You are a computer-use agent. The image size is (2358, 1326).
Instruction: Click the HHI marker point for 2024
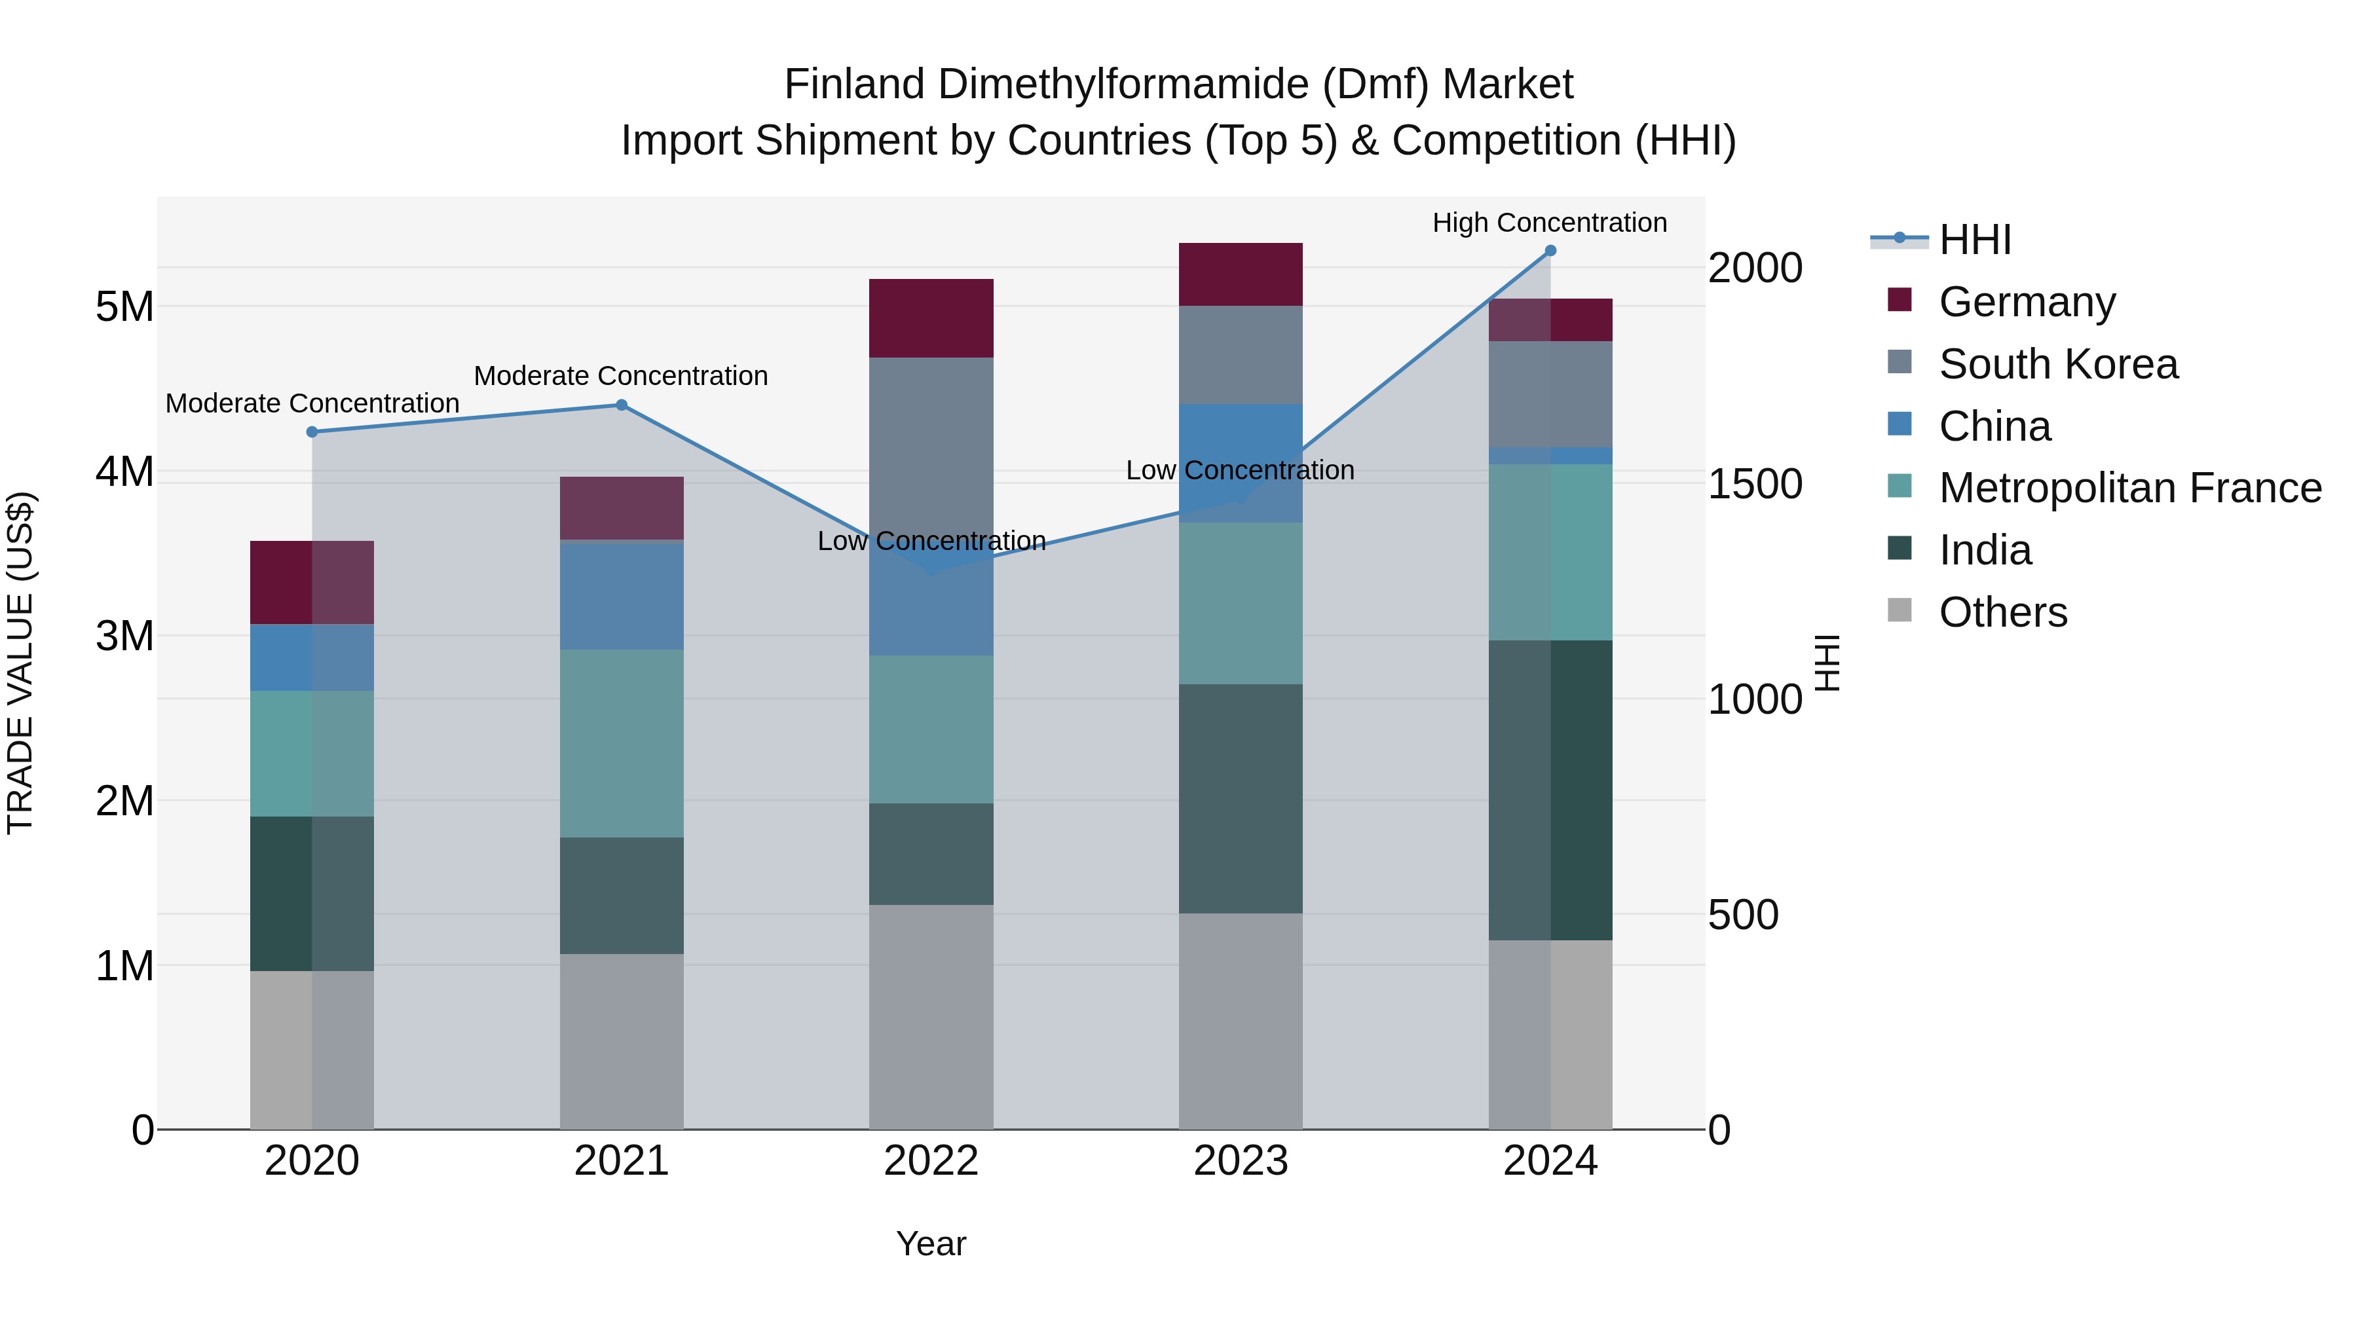tap(1550, 250)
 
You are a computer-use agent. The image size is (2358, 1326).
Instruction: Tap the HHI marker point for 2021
tap(622, 405)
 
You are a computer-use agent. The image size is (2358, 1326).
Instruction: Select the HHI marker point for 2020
tap(312, 432)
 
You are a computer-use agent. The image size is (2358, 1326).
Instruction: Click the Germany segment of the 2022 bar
tap(931, 318)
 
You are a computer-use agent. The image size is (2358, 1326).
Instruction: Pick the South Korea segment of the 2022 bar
tap(931, 439)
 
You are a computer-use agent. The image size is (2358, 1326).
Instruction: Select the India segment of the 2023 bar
tap(1241, 798)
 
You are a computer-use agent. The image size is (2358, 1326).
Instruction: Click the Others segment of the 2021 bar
tap(622, 1041)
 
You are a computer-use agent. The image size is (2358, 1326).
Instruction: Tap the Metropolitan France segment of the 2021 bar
tap(622, 743)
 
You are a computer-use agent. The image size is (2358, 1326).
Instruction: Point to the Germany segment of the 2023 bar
tap(1241, 274)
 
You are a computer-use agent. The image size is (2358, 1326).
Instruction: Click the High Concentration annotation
tap(1549, 223)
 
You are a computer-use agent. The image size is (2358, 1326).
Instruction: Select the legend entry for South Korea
tap(2058, 364)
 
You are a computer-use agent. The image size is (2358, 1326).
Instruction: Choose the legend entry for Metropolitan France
tap(2129, 488)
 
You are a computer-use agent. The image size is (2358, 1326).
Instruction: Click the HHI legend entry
tap(1974, 240)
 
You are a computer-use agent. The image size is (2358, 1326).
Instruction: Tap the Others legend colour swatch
tap(1899, 610)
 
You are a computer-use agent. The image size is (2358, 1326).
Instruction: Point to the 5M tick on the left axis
tap(125, 306)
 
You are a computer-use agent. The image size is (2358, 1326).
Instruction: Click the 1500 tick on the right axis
tap(1754, 484)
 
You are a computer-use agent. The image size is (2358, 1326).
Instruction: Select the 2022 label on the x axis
tap(931, 1161)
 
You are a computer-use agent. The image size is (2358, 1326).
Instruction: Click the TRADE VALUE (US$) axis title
tap(20, 663)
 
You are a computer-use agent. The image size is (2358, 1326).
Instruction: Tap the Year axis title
tap(931, 1243)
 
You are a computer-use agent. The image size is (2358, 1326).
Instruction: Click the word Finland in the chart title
tap(854, 84)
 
